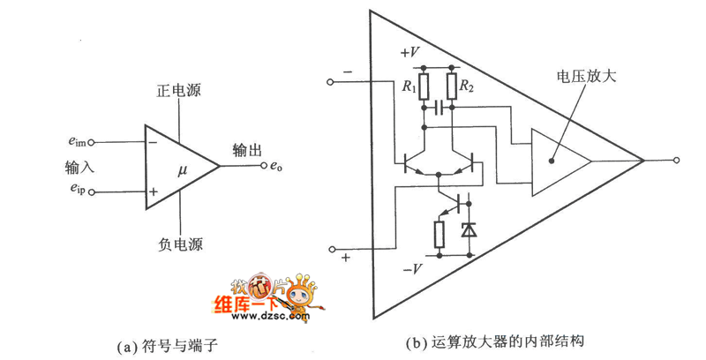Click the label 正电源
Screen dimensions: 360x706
pos(180,91)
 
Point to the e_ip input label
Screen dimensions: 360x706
pos(75,190)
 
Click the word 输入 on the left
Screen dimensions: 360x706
pos(79,167)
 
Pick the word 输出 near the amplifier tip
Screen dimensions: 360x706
pos(247,148)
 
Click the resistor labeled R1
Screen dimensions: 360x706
pos(424,86)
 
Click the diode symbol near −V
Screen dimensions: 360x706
pos(468,232)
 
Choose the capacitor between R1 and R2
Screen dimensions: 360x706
pos(438,107)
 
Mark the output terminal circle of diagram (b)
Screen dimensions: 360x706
pos(676,161)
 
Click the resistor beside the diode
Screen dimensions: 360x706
pos(439,234)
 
